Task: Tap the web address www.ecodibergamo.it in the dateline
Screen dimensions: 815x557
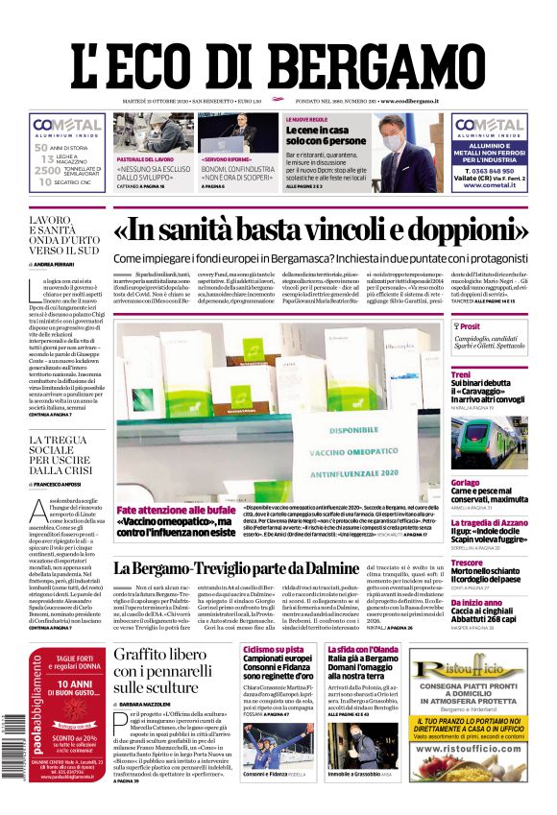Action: (409, 101)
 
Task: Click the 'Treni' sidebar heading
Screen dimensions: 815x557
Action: (461, 374)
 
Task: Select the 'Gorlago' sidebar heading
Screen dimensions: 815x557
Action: (466, 482)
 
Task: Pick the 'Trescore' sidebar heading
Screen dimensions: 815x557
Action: (468, 562)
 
